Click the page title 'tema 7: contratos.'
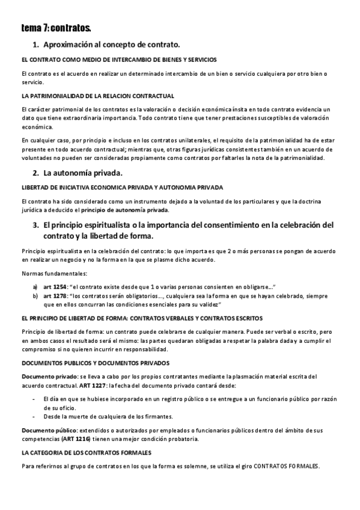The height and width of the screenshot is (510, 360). click(56, 28)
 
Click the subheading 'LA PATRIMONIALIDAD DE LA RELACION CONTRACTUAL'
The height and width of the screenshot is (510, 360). click(97, 96)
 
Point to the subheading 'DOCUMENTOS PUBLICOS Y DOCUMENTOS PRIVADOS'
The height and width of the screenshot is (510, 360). click(96, 363)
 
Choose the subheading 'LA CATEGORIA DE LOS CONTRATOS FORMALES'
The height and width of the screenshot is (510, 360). click(86, 452)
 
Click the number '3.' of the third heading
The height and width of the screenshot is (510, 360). click(35, 225)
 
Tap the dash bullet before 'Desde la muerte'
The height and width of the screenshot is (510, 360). click(34, 416)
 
